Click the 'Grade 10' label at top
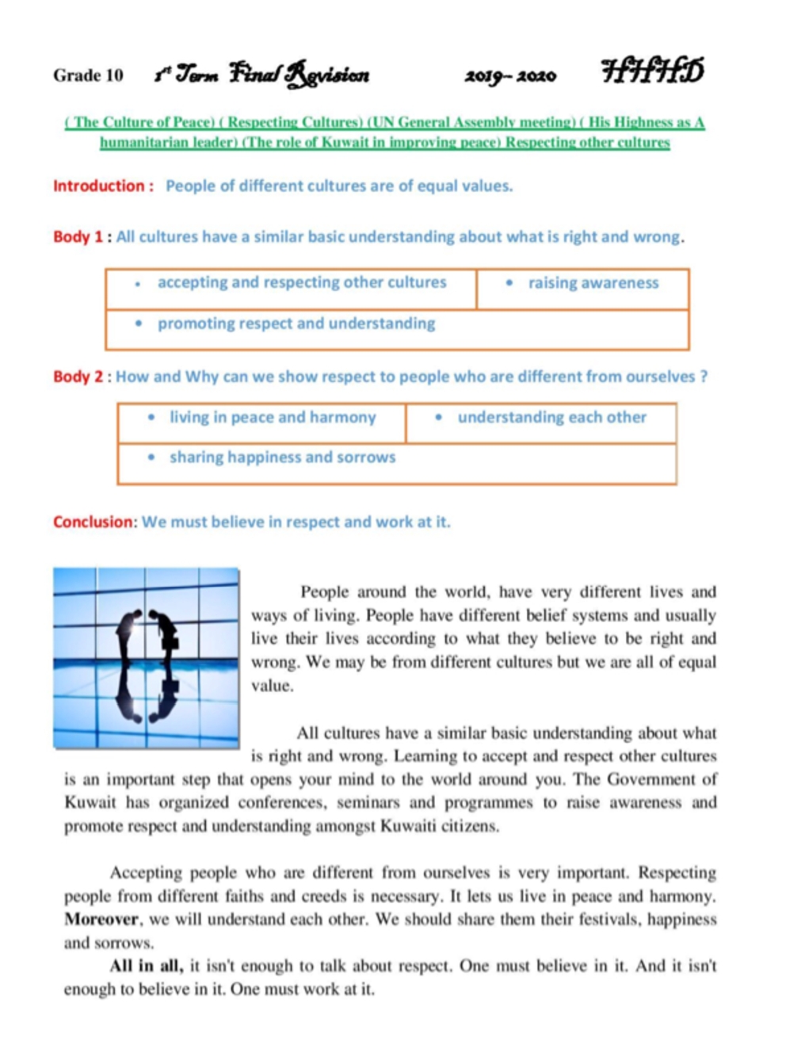click(x=88, y=75)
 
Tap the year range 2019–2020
click(x=510, y=76)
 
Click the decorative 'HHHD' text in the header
click(x=652, y=71)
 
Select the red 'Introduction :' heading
click(x=103, y=186)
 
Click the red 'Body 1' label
click(x=78, y=237)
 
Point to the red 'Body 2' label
click(x=78, y=377)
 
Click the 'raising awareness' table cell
click(x=593, y=284)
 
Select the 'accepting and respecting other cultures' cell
click(x=301, y=283)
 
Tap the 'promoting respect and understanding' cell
click(x=296, y=324)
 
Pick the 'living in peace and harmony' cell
click(x=272, y=418)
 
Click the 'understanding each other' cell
click(x=551, y=418)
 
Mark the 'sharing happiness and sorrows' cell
click(x=282, y=457)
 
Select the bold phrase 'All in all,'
click(x=146, y=966)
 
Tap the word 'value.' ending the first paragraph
click(x=272, y=687)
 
